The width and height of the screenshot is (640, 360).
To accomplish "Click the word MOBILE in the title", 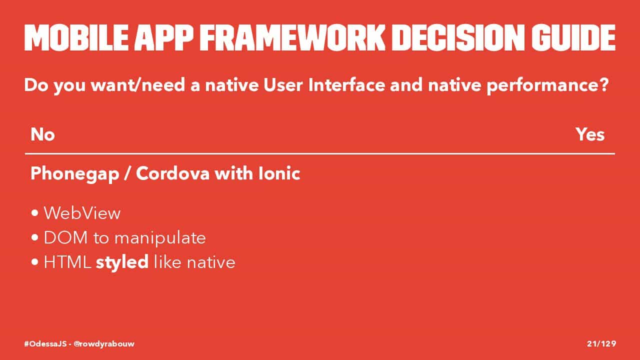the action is [x=76, y=37].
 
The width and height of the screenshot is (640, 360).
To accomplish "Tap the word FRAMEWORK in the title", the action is [x=292, y=37].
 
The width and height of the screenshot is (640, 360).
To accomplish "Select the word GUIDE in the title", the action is [x=573, y=37].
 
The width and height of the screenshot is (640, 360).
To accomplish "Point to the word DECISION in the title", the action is [x=458, y=37].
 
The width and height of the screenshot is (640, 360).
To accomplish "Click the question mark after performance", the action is [x=604, y=85].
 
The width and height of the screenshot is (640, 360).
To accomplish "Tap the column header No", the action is [x=42, y=134].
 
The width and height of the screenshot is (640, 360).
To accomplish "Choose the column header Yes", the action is [x=590, y=134].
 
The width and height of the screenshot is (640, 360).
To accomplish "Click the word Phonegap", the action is [x=75, y=174].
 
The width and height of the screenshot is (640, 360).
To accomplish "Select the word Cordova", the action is [x=172, y=173].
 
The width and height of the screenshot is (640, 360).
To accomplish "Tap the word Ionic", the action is [x=279, y=173].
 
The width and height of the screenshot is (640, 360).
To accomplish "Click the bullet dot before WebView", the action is [x=35, y=213].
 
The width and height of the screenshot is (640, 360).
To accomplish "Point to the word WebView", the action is [x=82, y=213].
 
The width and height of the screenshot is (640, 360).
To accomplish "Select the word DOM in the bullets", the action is [x=65, y=237].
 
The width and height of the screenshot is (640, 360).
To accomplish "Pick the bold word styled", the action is [x=122, y=262].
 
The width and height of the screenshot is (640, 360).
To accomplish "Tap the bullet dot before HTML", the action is [x=35, y=262].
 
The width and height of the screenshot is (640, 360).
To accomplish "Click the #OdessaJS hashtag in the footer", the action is [x=45, y=343].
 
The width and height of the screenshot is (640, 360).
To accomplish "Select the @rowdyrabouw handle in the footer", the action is [x=104, y=343].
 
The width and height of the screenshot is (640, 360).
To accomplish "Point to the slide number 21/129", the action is [x=601, y=343].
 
